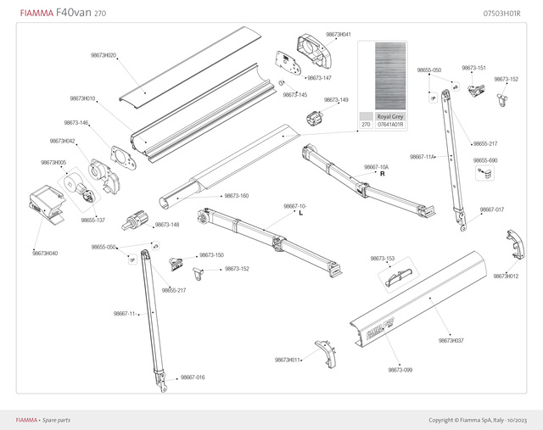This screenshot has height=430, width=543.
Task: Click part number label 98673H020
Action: pyautogui.click(x=104, y=55)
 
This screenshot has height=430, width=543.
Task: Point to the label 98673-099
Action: pyautogui.click(x=400, y=370)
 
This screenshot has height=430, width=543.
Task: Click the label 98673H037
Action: pyautogui.click(x=451, y=340)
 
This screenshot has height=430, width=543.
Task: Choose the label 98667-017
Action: pyautogui.click(x=492, y=209)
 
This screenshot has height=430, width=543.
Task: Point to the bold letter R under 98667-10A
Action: pyautogui.click(x=383, y=175)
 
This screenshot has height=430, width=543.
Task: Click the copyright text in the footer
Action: pyautogui.click(x=478, y=420)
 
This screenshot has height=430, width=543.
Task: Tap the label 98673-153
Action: pyautogui.click(x=383, y=258)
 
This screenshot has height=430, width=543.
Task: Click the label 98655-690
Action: pyautogui.click(x=485, y=160)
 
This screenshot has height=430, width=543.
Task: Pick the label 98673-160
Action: pyautogui.click(x=236, y=196)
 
